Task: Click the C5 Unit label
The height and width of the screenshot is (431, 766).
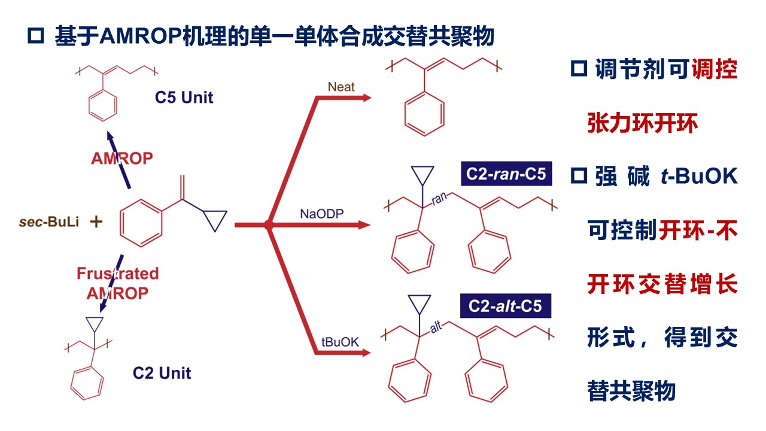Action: (x=184, y=98)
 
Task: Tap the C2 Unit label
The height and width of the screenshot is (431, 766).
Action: (x=162, y=373)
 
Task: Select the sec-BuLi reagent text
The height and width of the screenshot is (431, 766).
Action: (x=49, y=223)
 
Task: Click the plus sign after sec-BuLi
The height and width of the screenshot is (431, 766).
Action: (x=96, y=222)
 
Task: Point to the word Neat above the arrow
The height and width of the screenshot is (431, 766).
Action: (x=341, y=87)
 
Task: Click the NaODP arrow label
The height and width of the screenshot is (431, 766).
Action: (x=322, y=213)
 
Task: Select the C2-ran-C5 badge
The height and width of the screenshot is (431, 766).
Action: (x=507, y=174)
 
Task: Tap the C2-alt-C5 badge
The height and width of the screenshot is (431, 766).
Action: (x=506, y=306)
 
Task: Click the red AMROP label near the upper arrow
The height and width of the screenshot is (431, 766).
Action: (x=122, y=159)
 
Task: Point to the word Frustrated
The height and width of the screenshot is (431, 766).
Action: (x=118, y=274)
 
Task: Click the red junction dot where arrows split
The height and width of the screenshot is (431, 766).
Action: (x=269, y=225)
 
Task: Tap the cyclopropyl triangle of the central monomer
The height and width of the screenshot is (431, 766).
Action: (x=215, y=220)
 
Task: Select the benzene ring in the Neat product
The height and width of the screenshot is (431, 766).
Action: (x=424, y=113)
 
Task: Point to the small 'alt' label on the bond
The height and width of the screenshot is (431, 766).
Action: (x=436, y=328)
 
